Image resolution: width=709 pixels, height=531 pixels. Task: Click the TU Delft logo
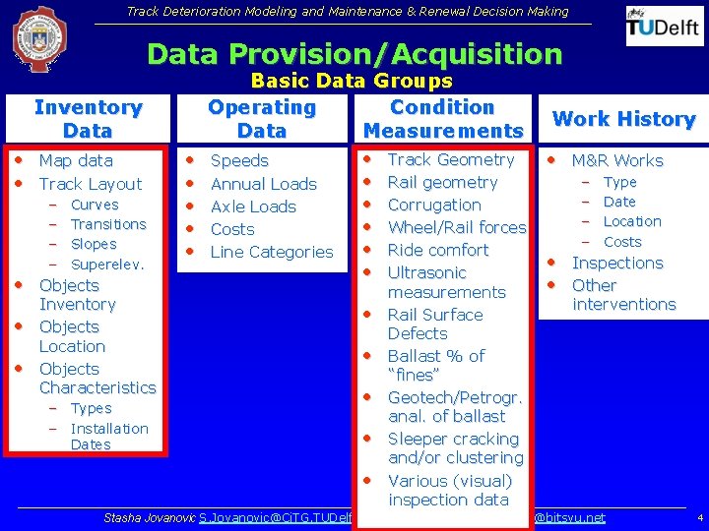coord(665,26)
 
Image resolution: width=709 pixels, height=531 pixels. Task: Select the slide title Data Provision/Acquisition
coord(354,54)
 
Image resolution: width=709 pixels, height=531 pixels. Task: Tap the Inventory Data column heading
coord(88,119)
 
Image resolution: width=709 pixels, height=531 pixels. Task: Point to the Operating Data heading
coord(262,119)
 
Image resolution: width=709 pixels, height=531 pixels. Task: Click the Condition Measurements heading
coord(442,119)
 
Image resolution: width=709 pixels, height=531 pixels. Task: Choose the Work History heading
coord(624,119)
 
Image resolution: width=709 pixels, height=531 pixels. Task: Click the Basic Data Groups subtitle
coord(352,82)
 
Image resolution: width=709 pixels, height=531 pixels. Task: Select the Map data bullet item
coord(76,160)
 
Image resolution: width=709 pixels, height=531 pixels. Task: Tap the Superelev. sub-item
coord(107,265)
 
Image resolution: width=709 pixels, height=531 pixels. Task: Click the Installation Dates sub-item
coord(108,437)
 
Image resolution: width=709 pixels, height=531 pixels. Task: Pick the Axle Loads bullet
coord(253,206)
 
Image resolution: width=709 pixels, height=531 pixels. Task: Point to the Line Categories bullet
coord(272,252)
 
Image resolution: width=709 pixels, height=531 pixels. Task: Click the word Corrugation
coord(434,205)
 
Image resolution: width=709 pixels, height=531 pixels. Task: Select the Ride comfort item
coord(438,250)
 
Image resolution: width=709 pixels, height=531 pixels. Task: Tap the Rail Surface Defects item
coord(434,324)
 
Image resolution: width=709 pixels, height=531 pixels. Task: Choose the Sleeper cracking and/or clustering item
coord(454,448)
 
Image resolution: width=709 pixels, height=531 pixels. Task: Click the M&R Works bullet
coord(617,160)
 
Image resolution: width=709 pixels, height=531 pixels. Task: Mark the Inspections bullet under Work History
coord(617,263)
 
